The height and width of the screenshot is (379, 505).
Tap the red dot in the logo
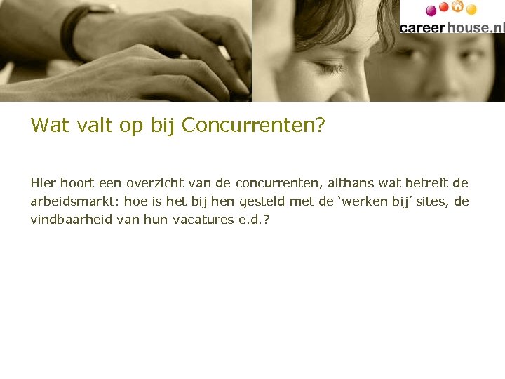tap(443, 8)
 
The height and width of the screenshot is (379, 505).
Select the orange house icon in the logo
tap(457, 7)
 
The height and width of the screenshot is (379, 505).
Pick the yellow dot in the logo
tap(471, 10)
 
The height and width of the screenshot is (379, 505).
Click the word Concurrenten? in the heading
tap(253, 126)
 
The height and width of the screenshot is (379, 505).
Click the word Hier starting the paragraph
tap(43, 183)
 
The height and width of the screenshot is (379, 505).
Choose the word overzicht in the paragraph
tap(155, 183)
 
